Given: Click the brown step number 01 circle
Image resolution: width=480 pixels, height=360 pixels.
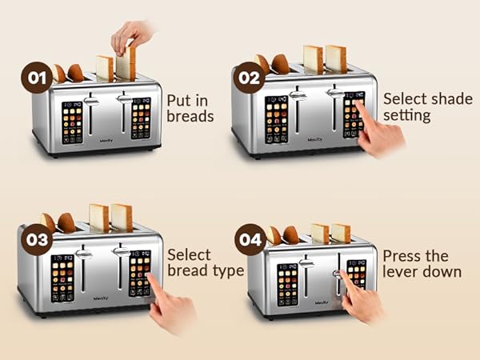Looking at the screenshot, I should tap(35, 79).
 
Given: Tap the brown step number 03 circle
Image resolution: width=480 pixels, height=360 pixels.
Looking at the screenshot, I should tap(34, 239).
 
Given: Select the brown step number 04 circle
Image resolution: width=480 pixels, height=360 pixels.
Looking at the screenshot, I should tap(250, 238).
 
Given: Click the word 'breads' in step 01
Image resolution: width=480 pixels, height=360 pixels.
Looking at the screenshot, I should tap(190, 116).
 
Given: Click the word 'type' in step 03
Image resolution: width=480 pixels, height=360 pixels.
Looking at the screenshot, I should tap(226, 270).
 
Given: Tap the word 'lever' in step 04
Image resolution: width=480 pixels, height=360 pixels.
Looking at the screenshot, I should tap(400, 272).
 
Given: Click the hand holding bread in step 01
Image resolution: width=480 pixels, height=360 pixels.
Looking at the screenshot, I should tap(130, 35).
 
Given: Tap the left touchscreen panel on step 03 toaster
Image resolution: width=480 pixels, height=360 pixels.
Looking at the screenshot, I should tap(62, 278).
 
